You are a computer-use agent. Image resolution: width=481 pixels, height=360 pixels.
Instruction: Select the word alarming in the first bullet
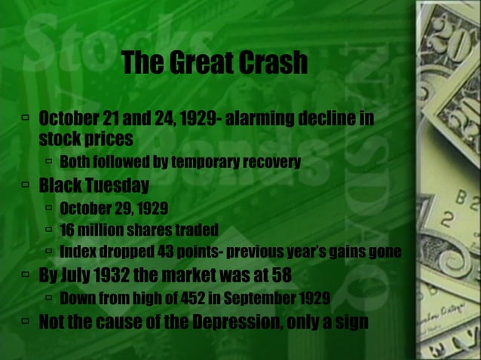[255, 120]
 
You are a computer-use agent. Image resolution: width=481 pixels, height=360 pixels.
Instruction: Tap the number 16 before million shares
[68, 229]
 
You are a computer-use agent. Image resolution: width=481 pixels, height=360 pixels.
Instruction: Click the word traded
[198, 229]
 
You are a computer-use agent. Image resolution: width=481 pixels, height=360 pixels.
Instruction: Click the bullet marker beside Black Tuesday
[26, 185]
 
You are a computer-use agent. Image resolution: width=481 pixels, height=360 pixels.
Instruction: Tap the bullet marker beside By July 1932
[26, 273]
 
